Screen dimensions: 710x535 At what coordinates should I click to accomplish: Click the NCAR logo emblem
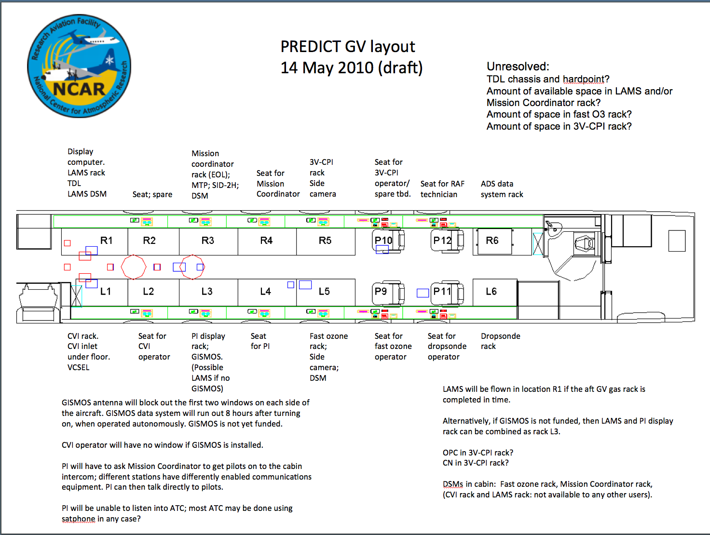click(79, 66)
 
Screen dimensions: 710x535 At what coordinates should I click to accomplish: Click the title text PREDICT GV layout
click(347, 47)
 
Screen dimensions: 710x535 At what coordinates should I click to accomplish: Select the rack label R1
click(106, 241)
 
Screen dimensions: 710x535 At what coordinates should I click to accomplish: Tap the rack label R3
click(208, 241)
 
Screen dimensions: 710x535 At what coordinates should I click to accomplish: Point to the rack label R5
click(325, 241)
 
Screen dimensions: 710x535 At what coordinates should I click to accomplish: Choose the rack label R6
click(492, 241)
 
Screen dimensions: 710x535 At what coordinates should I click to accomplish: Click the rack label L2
click(149, 292)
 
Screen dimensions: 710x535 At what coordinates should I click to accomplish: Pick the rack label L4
click(266, 292)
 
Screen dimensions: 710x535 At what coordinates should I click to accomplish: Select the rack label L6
click(491, 292)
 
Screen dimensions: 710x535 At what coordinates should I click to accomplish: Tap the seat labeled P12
click(447, 241)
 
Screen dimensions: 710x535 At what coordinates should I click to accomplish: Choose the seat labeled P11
click(447, 293)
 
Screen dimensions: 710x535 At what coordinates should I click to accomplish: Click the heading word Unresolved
click(518, 66)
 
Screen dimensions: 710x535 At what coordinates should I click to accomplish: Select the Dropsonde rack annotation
click(500, 341)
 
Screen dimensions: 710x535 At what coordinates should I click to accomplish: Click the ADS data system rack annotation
click(502, 189)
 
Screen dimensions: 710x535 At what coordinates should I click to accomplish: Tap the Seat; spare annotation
click(152, 194)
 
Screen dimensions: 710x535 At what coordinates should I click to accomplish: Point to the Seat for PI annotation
click(260, 341)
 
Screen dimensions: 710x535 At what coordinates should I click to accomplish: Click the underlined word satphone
click(79, 519)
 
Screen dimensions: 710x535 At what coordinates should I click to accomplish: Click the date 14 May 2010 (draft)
click(351, 67)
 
